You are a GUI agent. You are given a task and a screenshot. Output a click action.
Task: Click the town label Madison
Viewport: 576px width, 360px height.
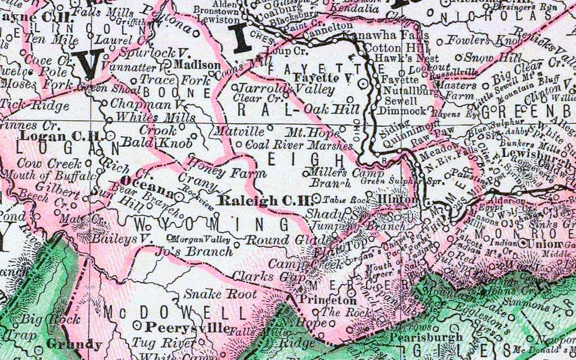(x=196, y=65)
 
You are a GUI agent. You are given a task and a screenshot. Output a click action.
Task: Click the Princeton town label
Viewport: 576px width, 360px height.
(x=320, y=300)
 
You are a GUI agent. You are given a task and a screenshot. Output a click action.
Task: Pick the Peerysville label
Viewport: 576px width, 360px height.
(x=188, y=327)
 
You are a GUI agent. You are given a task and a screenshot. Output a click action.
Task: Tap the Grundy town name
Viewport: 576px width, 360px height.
(x=74, y=344)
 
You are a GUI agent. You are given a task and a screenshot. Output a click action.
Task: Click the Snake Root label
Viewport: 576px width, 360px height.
(x=220, y=294)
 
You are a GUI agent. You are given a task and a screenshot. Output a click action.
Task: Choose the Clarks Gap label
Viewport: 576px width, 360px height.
(x=259, y=277)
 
